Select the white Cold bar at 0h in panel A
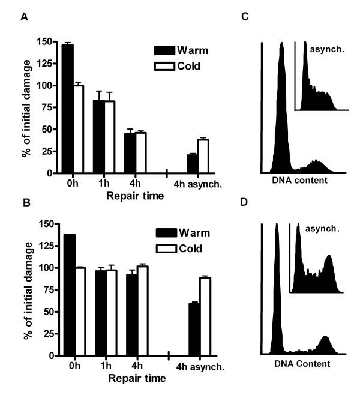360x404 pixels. (77, 129)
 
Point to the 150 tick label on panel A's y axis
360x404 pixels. (43, 41)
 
